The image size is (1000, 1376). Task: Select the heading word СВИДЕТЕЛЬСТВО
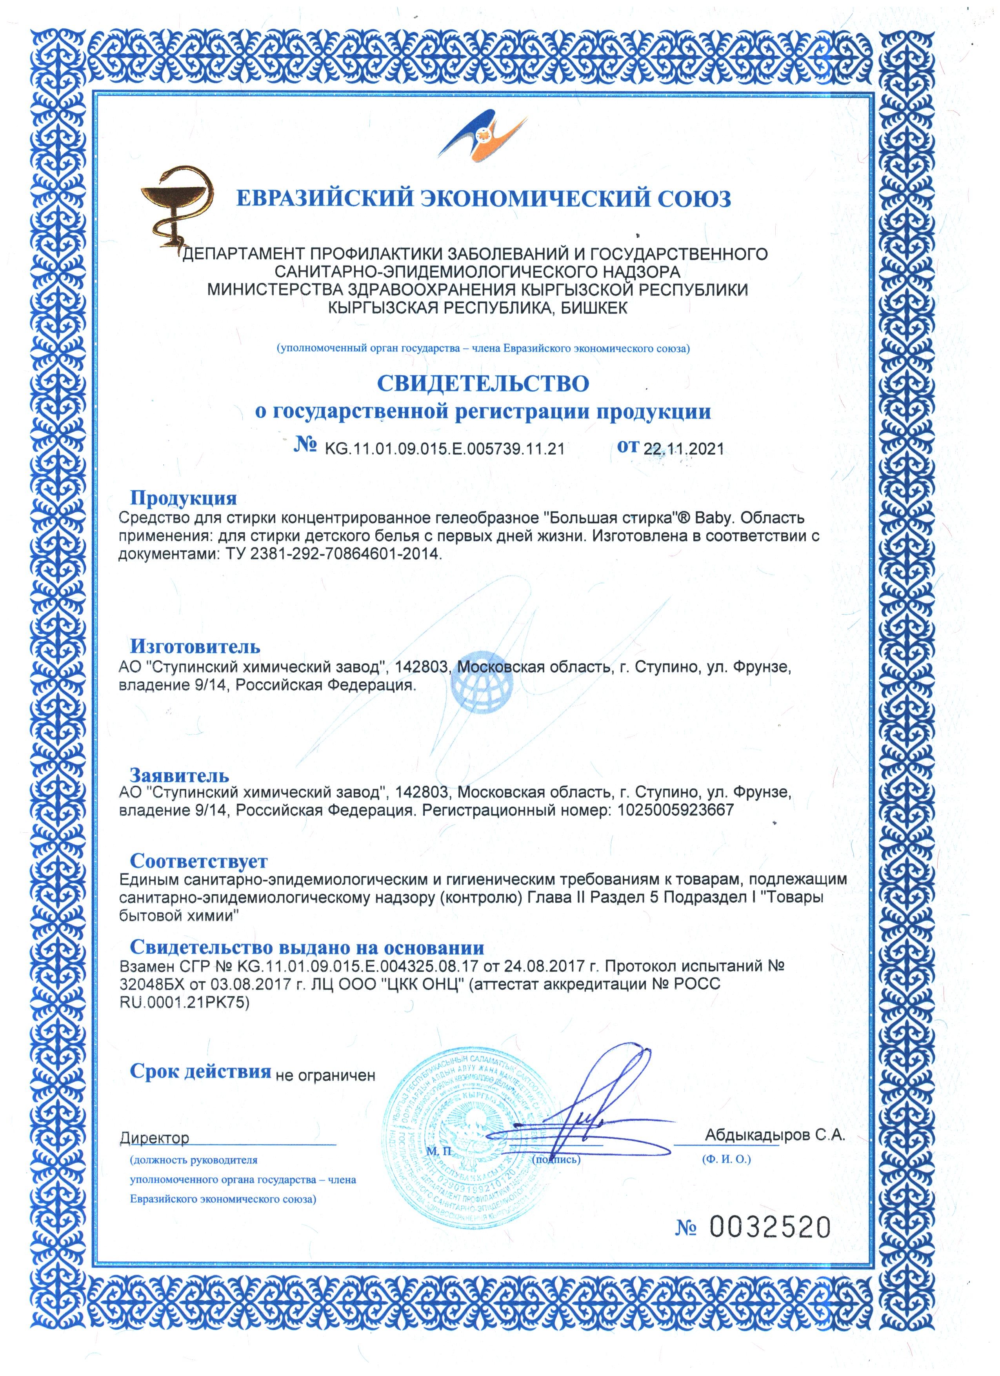pyautogui.click(x=483, y=384)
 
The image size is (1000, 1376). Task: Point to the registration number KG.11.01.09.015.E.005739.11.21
pyautogui.click(x=445, y=449)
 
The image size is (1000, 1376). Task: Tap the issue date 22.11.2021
pyautogui.click(x=684, y=449)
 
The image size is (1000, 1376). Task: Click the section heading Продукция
pyautogui.click(x=183, y=498)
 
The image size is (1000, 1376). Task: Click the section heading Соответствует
pyautogui.click(x=198, y=861)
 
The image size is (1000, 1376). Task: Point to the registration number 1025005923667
pyautogui.click(x=675, y=810)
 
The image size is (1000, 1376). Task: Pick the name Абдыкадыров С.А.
pyautogui.click(x=775, y=1135)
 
